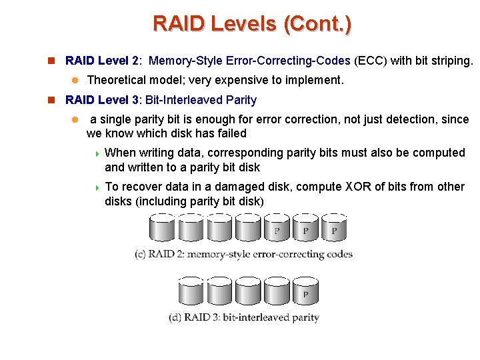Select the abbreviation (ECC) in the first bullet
(371, 61)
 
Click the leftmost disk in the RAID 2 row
(162, 228)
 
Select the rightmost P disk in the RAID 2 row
(334, 228)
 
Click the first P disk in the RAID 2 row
(276, 228)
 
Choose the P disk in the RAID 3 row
(305, 291)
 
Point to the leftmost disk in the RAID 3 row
(191, 291)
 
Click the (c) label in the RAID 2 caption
(141, 254)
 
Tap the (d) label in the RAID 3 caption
(175, 317)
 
